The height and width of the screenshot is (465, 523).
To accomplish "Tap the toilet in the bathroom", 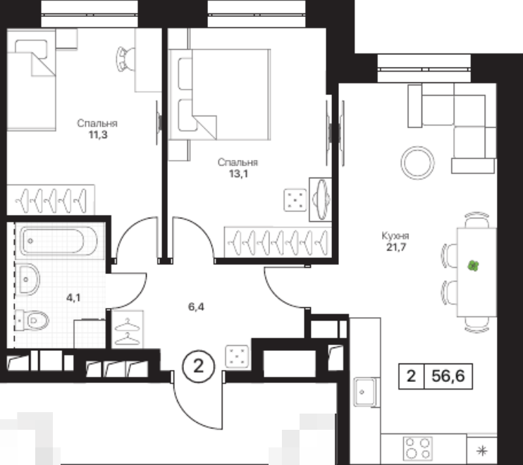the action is [x=32, y=321].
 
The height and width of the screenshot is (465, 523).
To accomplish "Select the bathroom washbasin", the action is [x=27, y=279].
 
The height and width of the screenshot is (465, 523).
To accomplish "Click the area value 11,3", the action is [x=98, y=135].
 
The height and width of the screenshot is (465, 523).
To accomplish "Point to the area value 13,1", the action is [x=238, y=173].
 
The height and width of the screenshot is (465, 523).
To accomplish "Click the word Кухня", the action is [x=395, y=236].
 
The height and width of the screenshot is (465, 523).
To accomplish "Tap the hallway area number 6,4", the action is [x=196, y=306].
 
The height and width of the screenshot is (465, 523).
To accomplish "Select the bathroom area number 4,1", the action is [x=73, y=297].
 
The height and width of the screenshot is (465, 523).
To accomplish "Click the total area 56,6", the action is [x=448, y=376].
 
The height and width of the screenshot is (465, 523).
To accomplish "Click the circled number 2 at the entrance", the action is [x=199, y=366].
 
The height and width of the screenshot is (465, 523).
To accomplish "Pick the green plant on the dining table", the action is [x=473, y=266].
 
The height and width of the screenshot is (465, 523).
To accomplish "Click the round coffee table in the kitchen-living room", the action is [x=417, y=163].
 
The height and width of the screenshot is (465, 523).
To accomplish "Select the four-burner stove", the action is [x=417, y=448].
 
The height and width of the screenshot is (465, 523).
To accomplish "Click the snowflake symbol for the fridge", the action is [x=482, y=451].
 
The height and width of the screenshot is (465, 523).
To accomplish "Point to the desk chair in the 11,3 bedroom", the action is [x=125, y=59].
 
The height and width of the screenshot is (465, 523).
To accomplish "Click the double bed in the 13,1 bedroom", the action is [x=219, y=94].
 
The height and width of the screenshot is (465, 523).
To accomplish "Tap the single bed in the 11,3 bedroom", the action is [x=31, y=80].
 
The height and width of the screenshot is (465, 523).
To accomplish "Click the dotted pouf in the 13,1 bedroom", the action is [x=295, y=200].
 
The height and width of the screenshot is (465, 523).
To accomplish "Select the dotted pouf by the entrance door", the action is [x=237, y=356].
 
